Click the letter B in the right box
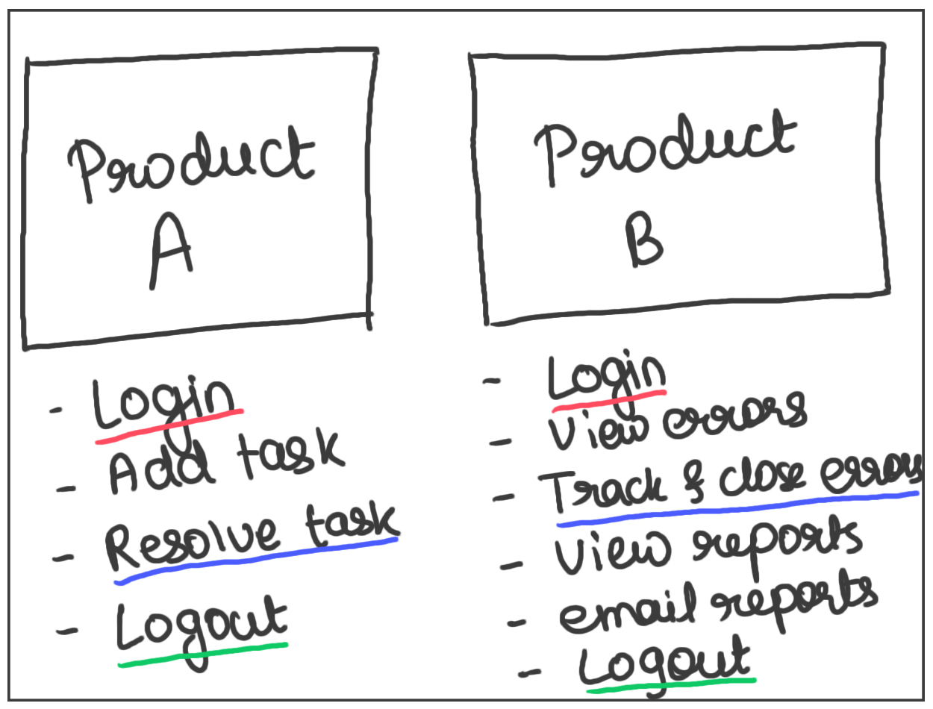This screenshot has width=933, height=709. point(643,240)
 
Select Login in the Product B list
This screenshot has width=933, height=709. point(606,378)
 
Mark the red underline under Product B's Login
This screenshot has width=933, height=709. point(608,400)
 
